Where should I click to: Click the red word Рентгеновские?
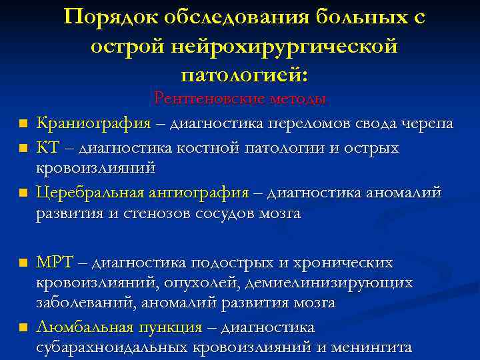(208, 99)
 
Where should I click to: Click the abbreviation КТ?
(49, 147)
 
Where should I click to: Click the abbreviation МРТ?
(57, 261)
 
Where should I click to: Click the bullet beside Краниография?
(23, 125)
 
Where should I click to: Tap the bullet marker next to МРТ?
(23, 263)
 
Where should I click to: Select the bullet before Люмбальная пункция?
(23, 328)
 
